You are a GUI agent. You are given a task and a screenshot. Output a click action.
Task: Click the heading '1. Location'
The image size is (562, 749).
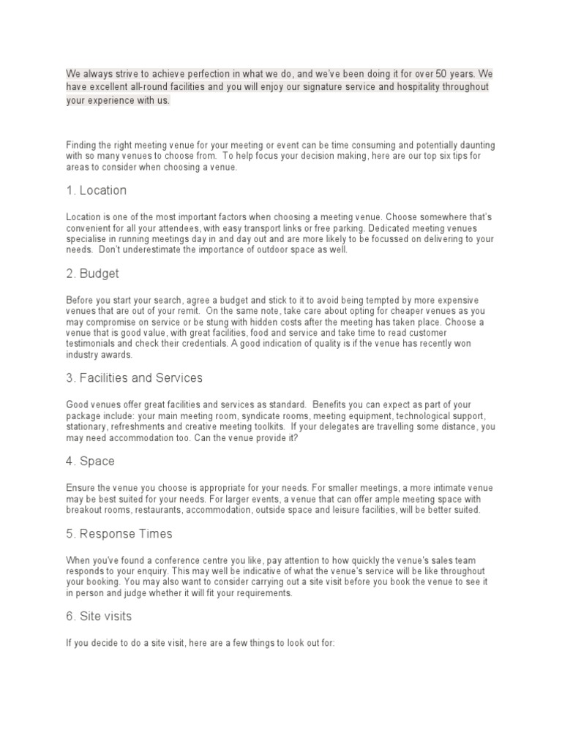pos(96,190)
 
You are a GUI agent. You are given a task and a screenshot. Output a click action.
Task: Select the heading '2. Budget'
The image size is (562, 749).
pos(92,274)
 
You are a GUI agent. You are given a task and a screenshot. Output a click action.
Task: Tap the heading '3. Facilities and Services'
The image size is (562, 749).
pos(134,378)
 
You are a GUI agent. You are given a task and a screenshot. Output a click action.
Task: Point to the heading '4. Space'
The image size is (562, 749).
pos(90,462)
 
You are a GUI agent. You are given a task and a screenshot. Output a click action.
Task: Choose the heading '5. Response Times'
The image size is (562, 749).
pos(119,534)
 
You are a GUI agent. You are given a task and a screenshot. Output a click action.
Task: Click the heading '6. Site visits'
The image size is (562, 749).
pos(99,617)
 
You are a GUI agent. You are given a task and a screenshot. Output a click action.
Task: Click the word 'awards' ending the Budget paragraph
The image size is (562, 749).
pos(117,354)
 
